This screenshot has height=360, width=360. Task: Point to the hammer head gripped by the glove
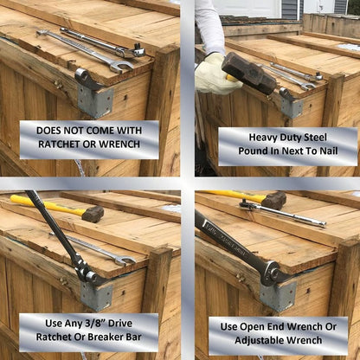[x=247, y=72]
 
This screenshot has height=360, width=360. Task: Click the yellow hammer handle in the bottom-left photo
[x=43, y=204]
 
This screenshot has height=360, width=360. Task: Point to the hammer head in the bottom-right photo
[x=273, y=201]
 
